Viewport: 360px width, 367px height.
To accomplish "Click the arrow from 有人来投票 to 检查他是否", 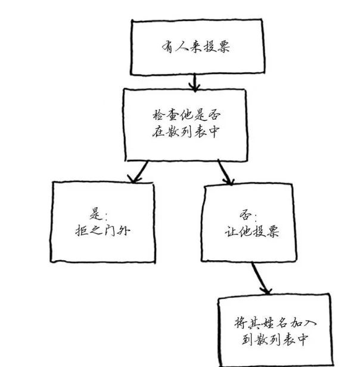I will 193,80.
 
